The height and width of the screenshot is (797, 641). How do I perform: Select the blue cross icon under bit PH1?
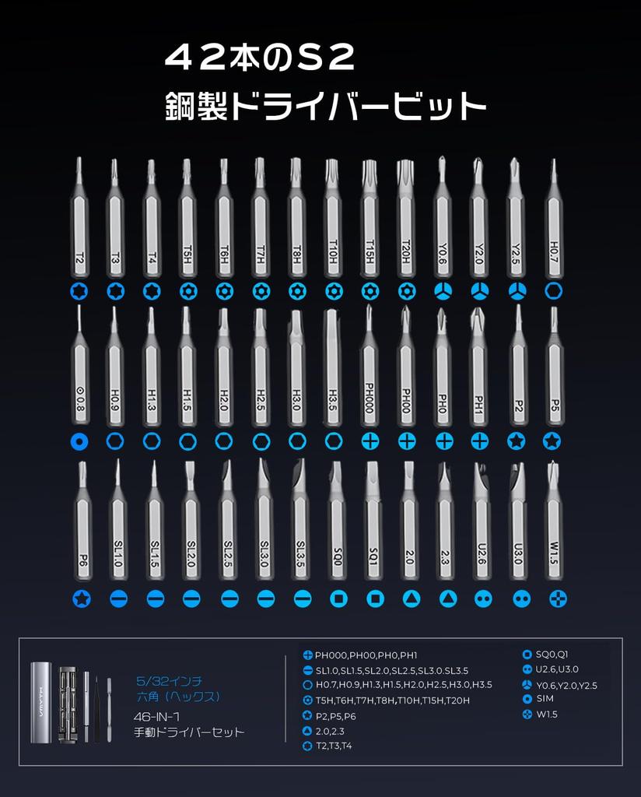[x=480, y=441]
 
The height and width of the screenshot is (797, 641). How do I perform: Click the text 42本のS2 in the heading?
[x=261, y=57]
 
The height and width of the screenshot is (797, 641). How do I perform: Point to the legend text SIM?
[x=545, y=699]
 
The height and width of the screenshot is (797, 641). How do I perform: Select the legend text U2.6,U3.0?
[x=557, y=669]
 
